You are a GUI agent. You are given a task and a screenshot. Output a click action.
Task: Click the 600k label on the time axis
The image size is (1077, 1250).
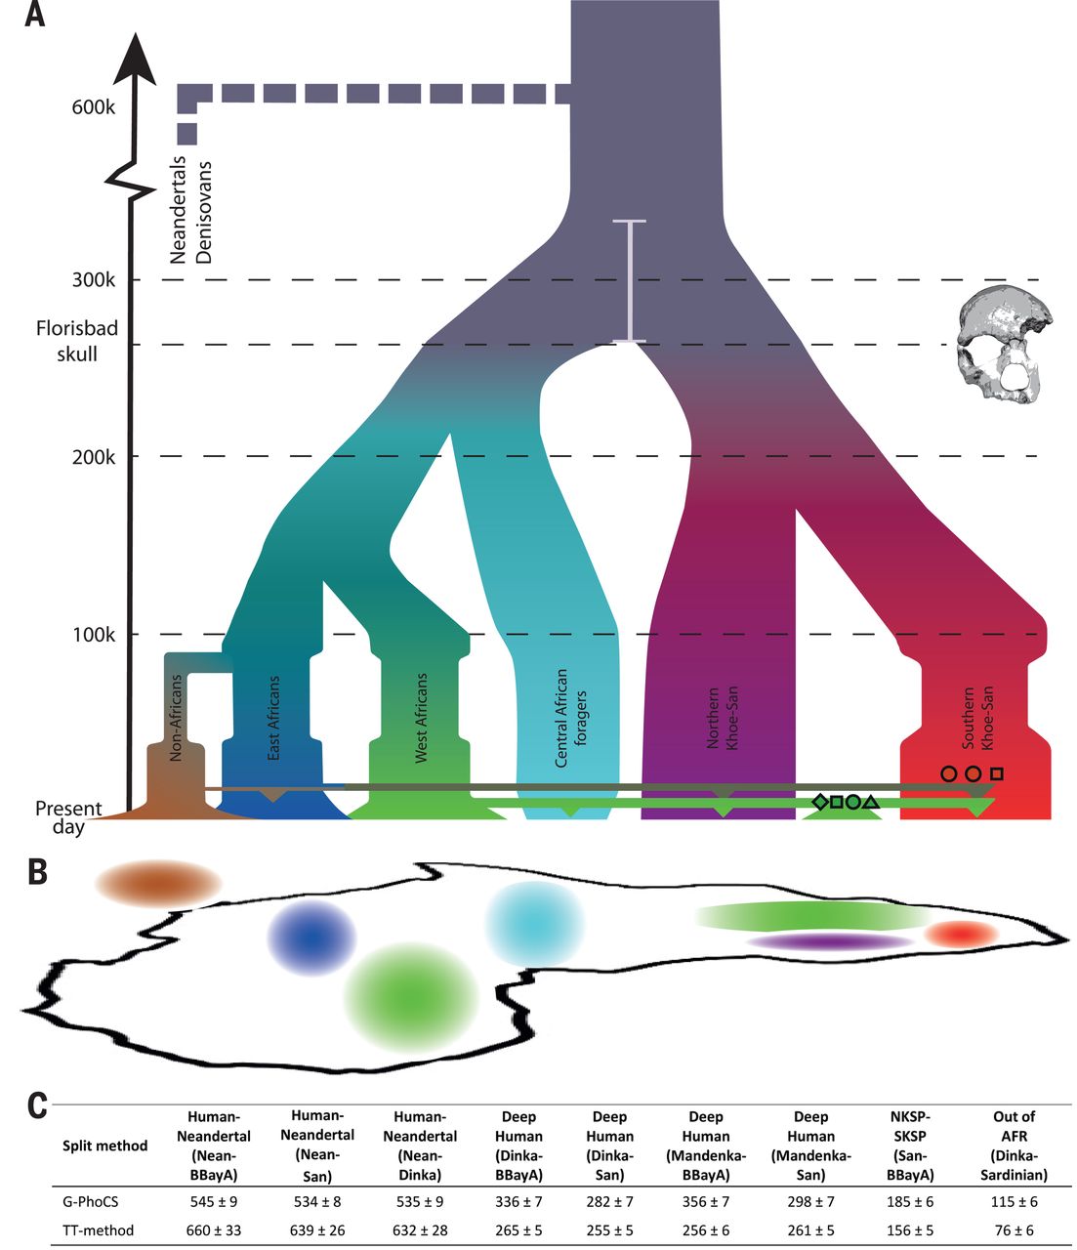coord(93,106)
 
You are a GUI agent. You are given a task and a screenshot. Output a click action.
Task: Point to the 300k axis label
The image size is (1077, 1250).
coord(93,280)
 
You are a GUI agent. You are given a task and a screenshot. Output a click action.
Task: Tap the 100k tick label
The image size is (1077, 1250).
coord(93,635)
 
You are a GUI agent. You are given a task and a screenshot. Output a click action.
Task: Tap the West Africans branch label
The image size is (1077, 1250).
coord(422,717)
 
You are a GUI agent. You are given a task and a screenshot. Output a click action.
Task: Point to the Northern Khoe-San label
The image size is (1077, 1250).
coord(724,718)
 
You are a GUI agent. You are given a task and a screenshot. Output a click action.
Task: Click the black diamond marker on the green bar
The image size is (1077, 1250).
coord(820,802)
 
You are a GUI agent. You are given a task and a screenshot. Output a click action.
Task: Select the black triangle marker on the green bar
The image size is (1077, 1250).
coord(872,802)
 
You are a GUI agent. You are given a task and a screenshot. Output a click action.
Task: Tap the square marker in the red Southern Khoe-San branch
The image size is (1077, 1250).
coord(996,773)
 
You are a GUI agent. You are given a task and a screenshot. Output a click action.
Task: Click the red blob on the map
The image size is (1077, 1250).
coord(961,935)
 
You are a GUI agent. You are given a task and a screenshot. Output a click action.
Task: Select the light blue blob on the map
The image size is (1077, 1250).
coord(534,924)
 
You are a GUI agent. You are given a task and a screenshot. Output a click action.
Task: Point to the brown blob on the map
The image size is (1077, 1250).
coord(158,882)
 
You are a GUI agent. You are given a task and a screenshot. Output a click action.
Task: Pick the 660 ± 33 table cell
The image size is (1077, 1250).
coord(213,1230)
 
